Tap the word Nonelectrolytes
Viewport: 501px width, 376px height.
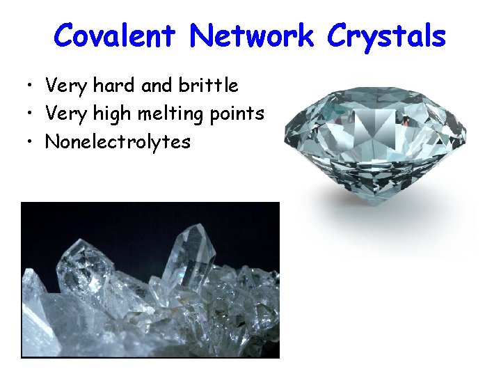tap(118, 142)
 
